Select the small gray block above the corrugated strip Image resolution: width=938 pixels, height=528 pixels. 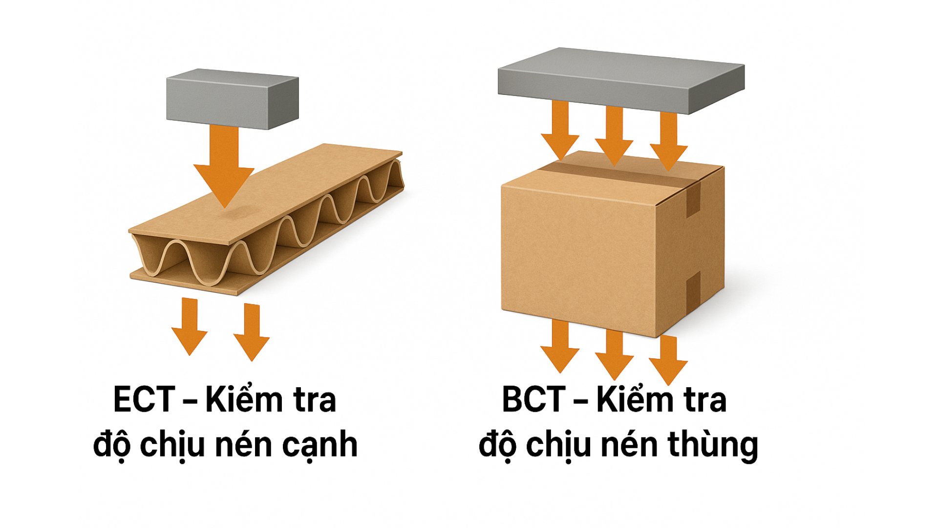232,103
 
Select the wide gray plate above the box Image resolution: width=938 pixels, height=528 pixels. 620,81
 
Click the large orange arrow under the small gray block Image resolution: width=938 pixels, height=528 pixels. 224,166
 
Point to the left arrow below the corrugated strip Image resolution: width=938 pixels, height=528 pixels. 190,325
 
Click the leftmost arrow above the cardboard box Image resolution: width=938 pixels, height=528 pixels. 560,131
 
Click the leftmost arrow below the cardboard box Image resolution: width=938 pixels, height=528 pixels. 560,345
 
